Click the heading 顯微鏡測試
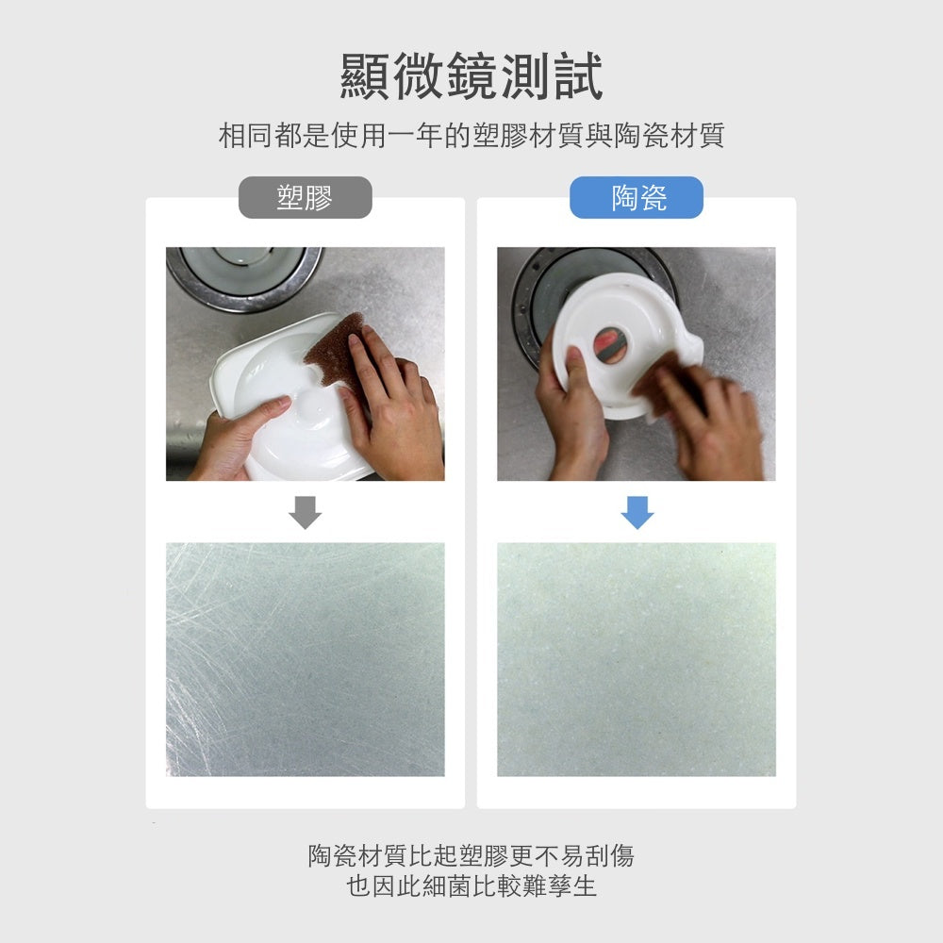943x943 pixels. (471, 76)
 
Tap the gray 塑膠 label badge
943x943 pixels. (305, 197)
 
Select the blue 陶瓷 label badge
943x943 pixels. (637, 197)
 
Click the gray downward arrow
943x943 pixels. (305, 512)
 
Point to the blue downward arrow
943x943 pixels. (637, 512)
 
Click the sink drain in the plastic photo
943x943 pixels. (243, 276)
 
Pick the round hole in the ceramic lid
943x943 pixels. (610, 345)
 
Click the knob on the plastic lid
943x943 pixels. (313, 401)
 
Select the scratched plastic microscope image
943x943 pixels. (305, 659)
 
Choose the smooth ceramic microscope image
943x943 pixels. (637, 659)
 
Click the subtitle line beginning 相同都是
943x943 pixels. (471, 135)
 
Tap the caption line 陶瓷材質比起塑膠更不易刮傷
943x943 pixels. (471, 855)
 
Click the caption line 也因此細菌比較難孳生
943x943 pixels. (471, 885)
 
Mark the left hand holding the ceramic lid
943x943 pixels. (571, 415)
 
